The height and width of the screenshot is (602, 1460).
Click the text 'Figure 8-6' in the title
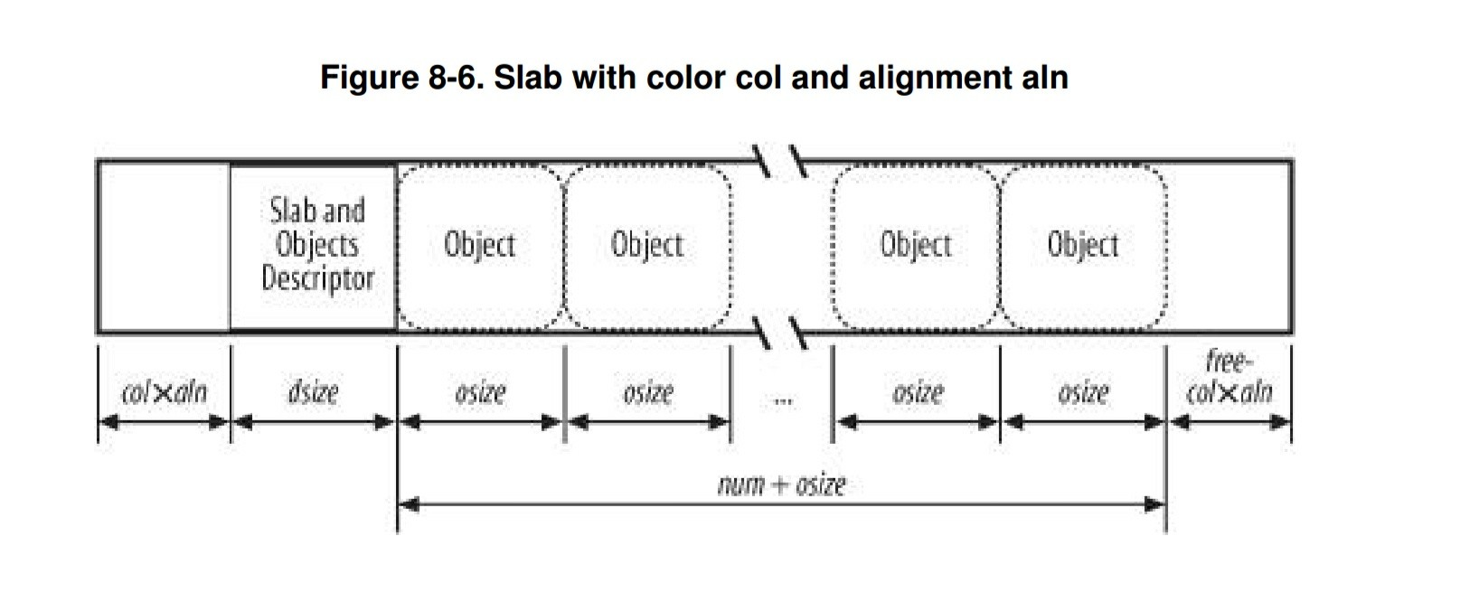(x=402, y=77)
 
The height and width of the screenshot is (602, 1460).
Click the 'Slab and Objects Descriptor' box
(x=313, y=246)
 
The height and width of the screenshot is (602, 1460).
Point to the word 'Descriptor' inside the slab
(x=317, y=278)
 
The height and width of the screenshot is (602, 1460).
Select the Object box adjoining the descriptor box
(x=480, y=246)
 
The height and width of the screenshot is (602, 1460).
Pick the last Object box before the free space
(x=1082, y=246)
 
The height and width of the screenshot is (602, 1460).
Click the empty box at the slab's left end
(x=164, y=246)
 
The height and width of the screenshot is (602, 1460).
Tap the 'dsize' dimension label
(x=313, y=392)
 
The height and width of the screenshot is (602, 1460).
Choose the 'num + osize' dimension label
(x=781, y=485)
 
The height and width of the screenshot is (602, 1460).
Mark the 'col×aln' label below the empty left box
(x=164, y=392)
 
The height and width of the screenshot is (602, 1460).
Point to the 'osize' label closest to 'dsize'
(x=480, y=392)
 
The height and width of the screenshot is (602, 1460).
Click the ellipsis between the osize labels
(x=783, y=399)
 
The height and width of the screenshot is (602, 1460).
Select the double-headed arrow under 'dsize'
(x=313, y=421)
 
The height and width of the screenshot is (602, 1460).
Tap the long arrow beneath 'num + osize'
(x=781, y=504)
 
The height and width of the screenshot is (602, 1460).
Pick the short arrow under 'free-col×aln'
(x=1229, y=421)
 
